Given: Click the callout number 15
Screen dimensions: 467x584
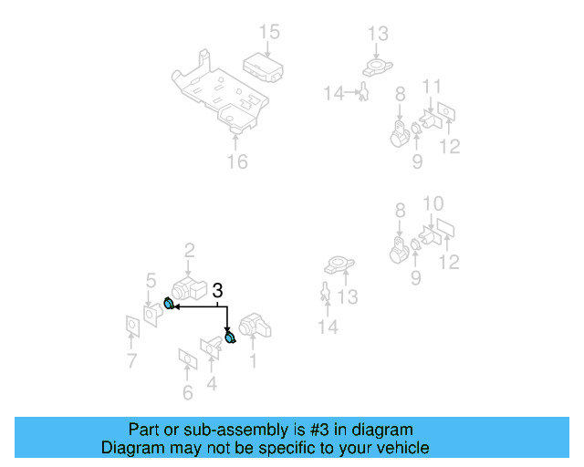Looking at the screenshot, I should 268,33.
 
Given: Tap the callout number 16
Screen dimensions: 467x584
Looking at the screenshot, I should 237,162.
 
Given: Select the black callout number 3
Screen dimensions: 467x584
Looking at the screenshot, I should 217,291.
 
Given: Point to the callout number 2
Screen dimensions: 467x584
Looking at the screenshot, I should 190,250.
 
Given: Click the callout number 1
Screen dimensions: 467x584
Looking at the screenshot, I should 253,361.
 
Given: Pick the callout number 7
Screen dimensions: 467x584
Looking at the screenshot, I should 132,361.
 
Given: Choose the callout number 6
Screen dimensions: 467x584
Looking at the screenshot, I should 188,393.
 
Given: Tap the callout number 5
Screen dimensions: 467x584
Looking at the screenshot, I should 151,280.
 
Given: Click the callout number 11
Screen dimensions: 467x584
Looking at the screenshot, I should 432,87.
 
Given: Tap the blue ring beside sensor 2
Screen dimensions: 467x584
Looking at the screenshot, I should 169,304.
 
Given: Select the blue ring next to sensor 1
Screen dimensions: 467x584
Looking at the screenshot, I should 230,338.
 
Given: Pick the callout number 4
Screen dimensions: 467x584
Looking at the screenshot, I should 212,383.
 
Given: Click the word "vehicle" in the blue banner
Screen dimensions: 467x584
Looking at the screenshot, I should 396,448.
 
